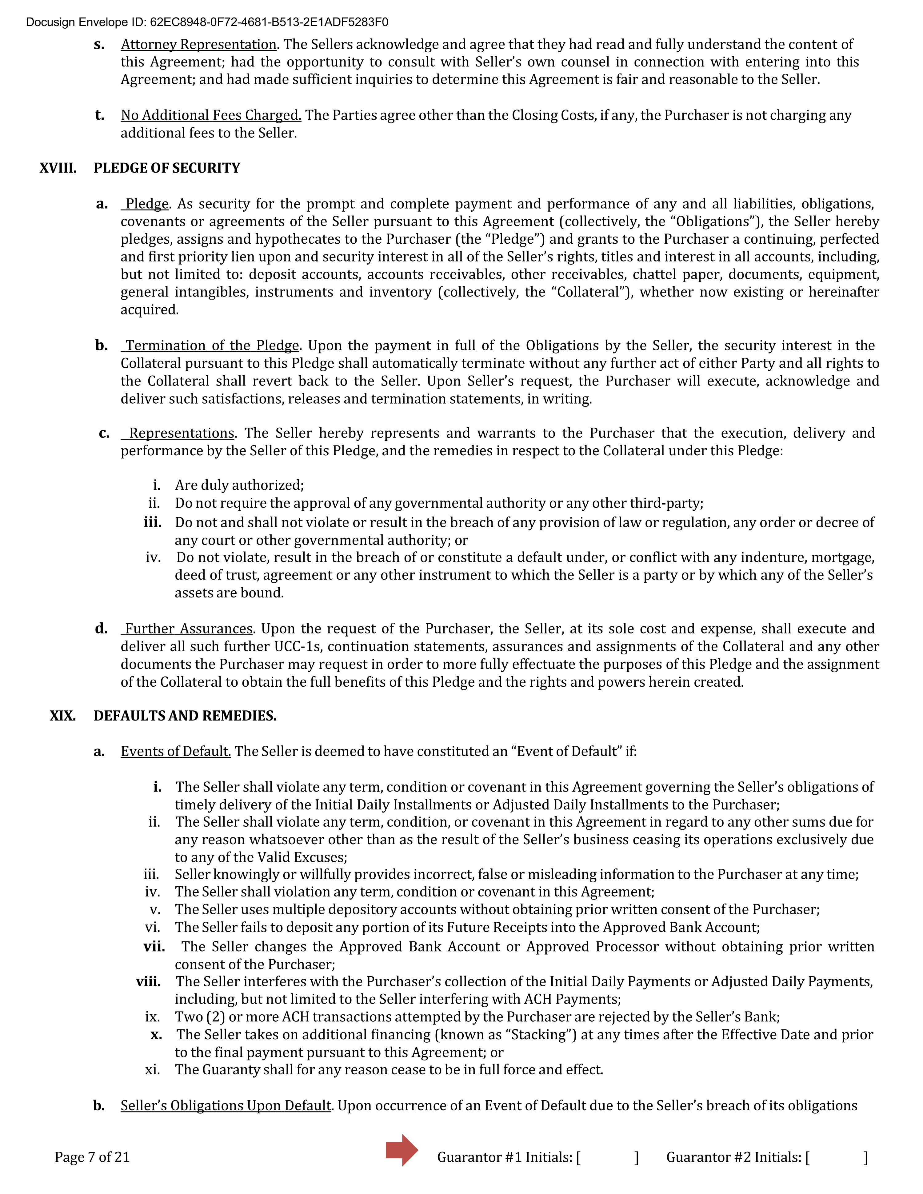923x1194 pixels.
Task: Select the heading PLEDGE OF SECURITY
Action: [x=167, y=168]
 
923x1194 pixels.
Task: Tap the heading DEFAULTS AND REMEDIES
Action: [x=185, y=716]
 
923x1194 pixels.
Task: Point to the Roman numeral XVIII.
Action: [x=58, y=168]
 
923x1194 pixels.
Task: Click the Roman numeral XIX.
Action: [x=63, y=716]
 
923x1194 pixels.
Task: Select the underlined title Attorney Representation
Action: [x=198, y=44]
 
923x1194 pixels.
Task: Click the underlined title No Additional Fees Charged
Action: [x=211, y=115]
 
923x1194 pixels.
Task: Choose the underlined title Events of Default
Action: [x=175, y=751]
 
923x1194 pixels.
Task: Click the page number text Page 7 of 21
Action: [x=92, y=1157]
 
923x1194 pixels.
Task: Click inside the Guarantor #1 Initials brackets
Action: [x=607, y=1157]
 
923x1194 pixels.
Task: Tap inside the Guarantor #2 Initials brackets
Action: [x=837, y=1157]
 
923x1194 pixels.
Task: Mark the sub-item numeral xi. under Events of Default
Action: [x=153, y=1069]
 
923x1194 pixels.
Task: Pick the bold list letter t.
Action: [x=99, y=115]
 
